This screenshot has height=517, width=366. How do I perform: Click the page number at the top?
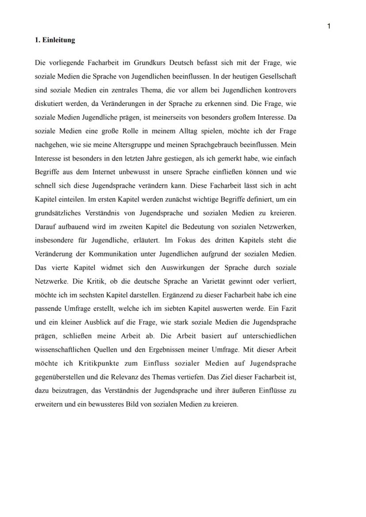329,26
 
